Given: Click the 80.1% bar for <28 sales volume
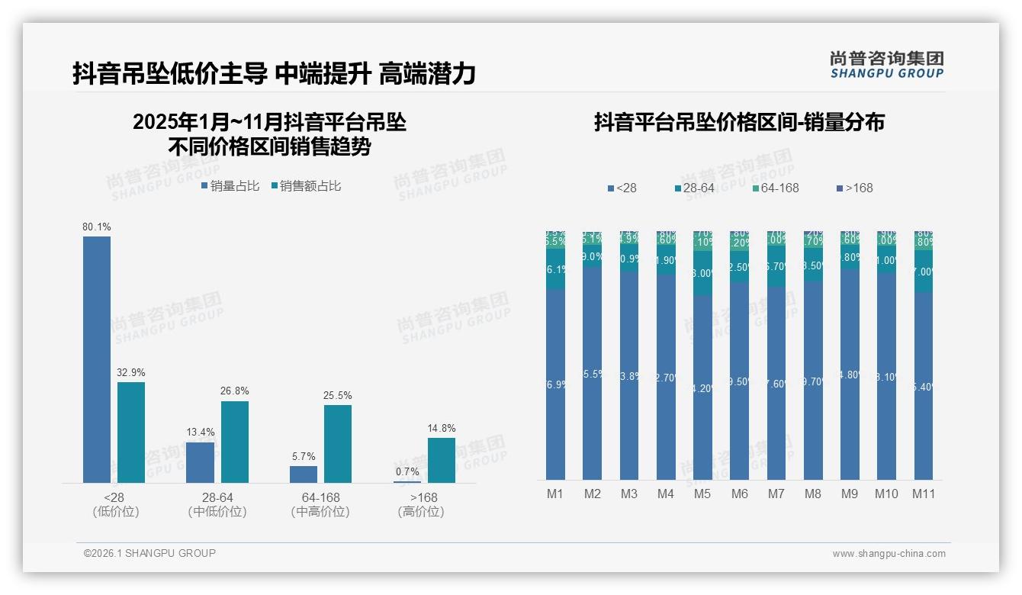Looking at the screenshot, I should tap(97, 359).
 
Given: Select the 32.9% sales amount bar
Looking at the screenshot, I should tap(131, 432).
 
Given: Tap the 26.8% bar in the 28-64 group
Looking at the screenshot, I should tap(235, 442).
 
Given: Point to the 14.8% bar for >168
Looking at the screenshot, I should tap(441, 460).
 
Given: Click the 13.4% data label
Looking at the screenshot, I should tap(201, 433).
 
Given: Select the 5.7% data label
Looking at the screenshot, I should tap(303, 457).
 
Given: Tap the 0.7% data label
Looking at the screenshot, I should tap(407, 472).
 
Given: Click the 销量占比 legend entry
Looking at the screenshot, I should tap(230, 186).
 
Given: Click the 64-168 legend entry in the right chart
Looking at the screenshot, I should tap(775, 188).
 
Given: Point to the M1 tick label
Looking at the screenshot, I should tap(555, 494).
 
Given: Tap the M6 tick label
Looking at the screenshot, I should tap(739, 494).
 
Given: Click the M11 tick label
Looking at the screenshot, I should tap(924, 494).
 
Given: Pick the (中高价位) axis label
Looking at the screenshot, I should tap(320, 512).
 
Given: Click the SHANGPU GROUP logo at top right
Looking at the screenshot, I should tap(886, 65).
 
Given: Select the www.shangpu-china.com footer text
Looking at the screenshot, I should tap(889, 554).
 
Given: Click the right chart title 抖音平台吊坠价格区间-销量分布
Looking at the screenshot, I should tap(738, 123).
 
